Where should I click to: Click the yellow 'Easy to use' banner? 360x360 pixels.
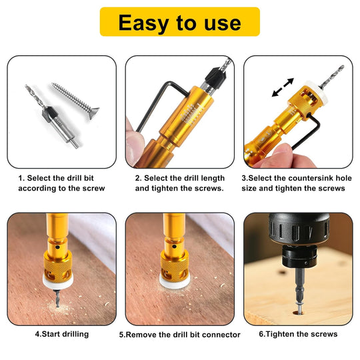pos(180,21)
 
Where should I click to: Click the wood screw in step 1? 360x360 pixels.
pos(76,101)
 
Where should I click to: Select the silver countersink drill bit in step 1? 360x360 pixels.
pos(53,117)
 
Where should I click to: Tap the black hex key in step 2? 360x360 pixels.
pos(161,105)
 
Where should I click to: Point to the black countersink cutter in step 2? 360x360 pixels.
pos(216,76)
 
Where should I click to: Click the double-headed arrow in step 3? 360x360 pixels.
pos(283,87)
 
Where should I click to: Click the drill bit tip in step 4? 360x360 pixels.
pos(57,306)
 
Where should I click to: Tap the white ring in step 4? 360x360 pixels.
pos(58,281)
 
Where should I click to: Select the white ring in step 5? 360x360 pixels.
pos(175,281)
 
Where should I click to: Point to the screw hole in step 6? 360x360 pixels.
pos(299,313)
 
